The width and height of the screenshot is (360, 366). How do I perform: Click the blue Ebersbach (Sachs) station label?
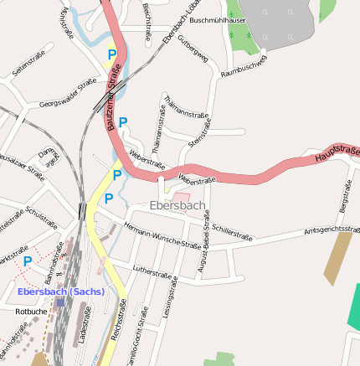coord(61,291)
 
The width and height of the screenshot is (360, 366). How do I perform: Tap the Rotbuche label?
coord(31,311)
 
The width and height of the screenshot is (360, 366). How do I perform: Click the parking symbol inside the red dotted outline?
coord(28,261)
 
